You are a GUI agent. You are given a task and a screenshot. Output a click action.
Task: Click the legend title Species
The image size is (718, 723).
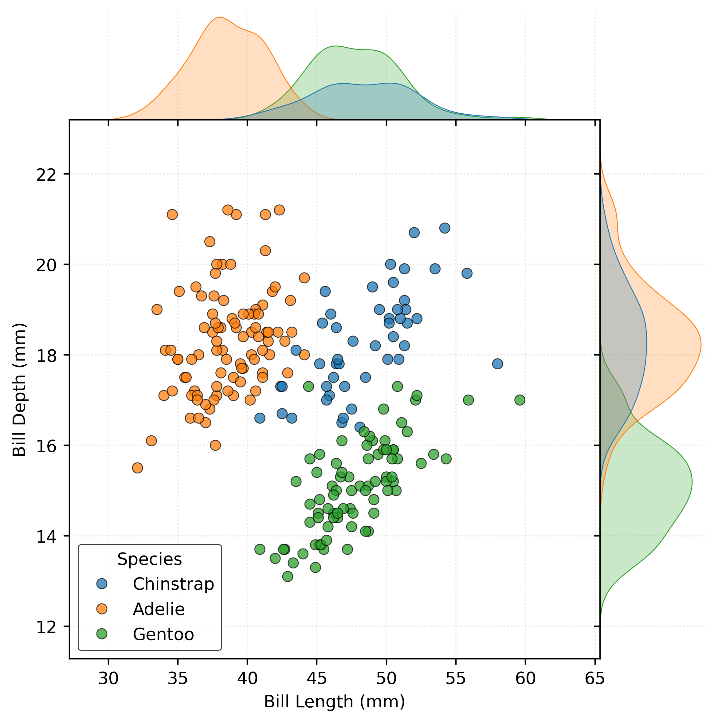(150, 560)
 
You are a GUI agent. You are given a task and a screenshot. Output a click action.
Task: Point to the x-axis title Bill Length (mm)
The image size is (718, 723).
(335, 702)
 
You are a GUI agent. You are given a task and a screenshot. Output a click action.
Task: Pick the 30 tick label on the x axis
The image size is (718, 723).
(108, 678)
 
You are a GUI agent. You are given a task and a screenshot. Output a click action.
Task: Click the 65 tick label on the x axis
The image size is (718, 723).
(594, 678)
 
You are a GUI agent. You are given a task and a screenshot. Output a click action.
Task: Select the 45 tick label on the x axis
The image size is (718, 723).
(317, 678)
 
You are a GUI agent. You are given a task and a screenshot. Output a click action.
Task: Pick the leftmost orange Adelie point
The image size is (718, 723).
(137, 468)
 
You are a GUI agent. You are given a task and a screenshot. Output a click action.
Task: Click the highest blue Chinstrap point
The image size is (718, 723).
(445, 228)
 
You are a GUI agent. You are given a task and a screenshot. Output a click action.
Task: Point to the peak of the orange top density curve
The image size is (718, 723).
(220, 17)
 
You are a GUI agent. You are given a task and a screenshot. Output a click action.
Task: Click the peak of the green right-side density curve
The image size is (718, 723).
(692, 482)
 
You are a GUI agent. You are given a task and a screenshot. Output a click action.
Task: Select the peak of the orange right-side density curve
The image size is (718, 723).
(701, 344)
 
